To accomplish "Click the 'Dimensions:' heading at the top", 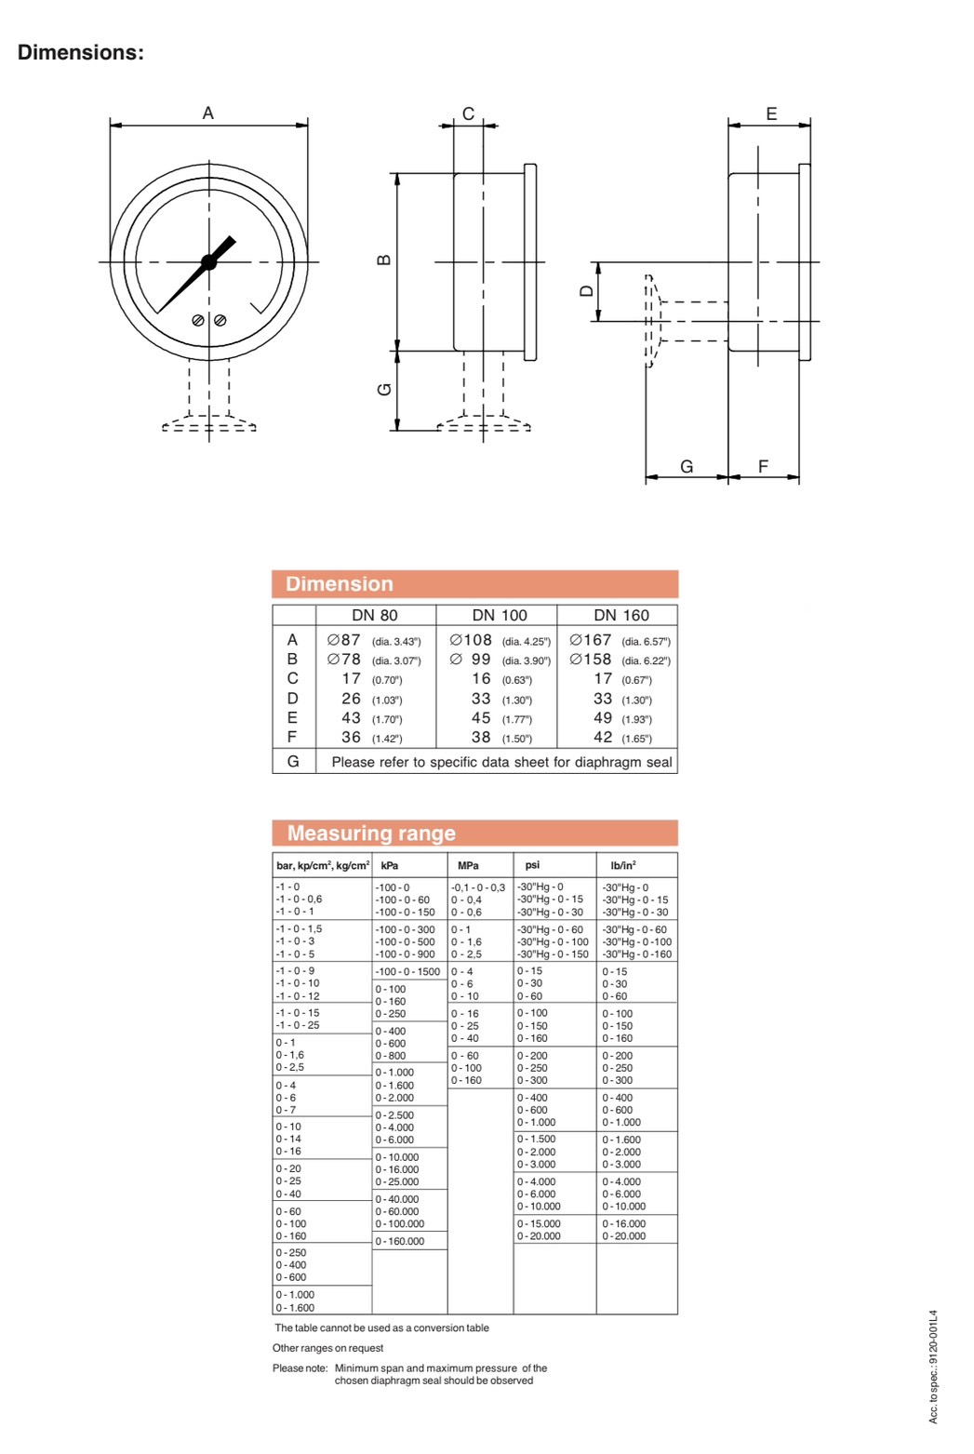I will coord(81,53).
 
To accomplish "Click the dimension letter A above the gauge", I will coord(208,113).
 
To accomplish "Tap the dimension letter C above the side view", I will coord(468,113).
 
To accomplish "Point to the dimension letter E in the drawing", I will coord(771,113).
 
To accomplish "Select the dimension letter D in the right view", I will coord(586,291).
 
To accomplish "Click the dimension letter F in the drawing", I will coord(763,466).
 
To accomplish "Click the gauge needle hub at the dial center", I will coord(208,262).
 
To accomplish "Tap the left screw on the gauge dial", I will coord(198,320).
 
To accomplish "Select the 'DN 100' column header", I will coord(499,615).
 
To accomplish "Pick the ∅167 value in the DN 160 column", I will coord(591,640).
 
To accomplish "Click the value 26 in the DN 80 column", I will coord(351,699).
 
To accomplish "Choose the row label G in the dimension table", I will coord(293,761).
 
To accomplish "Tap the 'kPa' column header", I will coord(390,865).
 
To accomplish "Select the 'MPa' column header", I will coord(468,865).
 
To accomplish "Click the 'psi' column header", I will coord(532,865).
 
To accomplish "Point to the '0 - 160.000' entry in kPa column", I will coord(400,1241).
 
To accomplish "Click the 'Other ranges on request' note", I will coord(327,1348).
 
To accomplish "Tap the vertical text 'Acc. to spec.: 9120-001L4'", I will coord(933,1367).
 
